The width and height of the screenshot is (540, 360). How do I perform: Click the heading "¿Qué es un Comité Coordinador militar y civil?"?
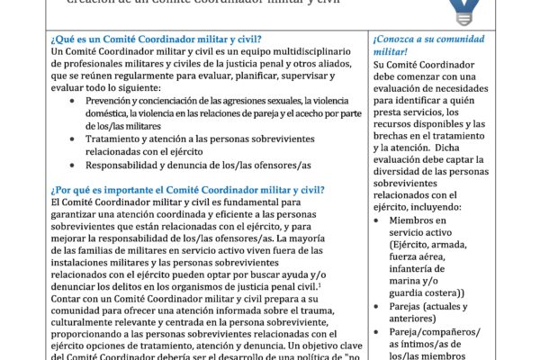(x=157, y=39)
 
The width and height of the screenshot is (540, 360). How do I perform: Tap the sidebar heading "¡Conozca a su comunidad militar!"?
(x=427, y=47)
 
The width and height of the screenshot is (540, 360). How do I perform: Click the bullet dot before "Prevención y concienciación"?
(x=74, y=99)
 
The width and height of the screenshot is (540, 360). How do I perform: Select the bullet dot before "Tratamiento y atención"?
(x=74, y=139)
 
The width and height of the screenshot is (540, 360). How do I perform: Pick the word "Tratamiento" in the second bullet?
(x=119, y=139)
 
